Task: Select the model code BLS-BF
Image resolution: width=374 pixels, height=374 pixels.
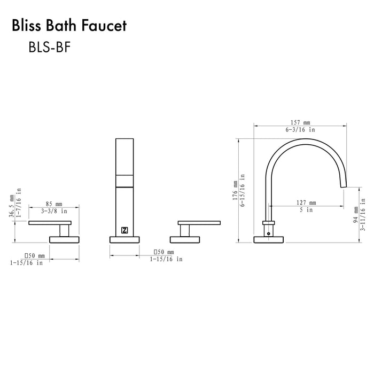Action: tap(49, 48)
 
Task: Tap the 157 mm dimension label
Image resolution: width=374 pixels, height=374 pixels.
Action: tap(299, 122)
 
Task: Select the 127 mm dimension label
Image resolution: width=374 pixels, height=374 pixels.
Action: tap(305, 202)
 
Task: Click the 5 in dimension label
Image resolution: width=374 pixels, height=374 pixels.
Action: tap(305, 210)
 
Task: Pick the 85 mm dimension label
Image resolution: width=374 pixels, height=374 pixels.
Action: tap(53, 204)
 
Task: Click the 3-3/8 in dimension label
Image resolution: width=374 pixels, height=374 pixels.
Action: tap(53, 211)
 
